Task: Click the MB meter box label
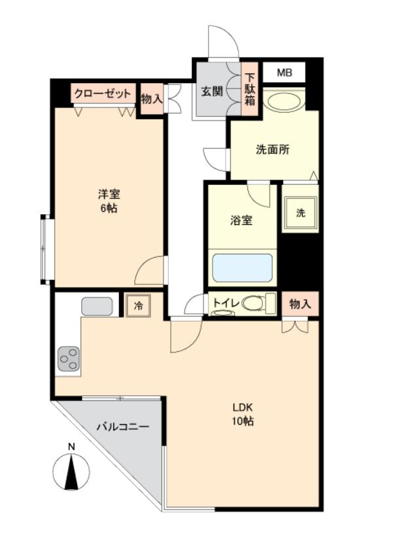[285, 72]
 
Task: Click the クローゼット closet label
[103, 94]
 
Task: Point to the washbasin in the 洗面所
[283, 102]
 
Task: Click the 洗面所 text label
[272, 149]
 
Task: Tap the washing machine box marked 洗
[300, 213]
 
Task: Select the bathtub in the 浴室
[243, 267]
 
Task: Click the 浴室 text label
[241, 221]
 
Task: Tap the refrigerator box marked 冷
[138, 305]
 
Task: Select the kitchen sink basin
[97, 306]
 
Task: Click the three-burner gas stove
[68, 358]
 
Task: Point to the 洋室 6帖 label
[108, 201]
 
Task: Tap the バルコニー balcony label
[123, 427]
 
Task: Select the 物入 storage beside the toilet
[300, 304]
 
